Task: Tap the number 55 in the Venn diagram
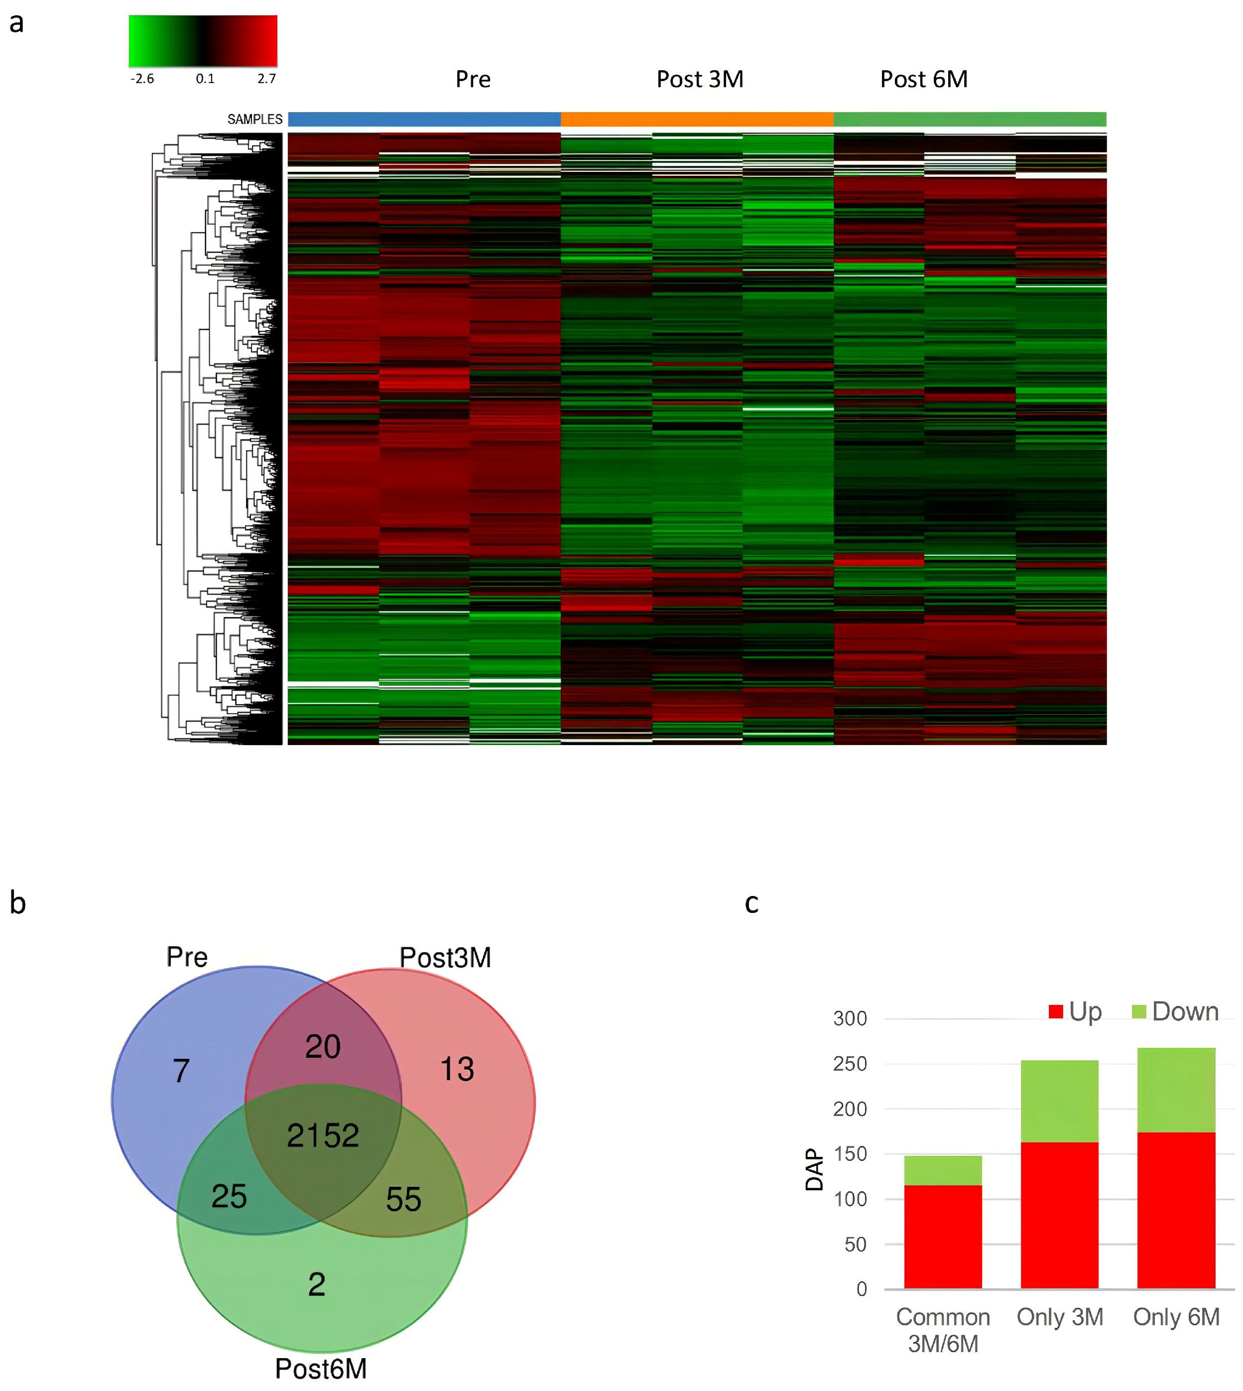point(403,1199)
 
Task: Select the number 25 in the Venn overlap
point(229,1196)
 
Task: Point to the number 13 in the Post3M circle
point(456,1069)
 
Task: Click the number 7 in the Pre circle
point(181,1071)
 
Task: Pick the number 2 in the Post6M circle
point(316,1284)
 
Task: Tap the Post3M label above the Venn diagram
point(445,957)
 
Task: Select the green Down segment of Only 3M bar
point(1059,1101)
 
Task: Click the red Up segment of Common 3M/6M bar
point(943,1237)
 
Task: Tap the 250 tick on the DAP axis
point(850,1064)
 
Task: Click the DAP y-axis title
point(814,1169)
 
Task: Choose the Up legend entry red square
point(1056,1012)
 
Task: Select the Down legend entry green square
point(1138,1012)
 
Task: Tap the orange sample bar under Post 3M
point(697,120)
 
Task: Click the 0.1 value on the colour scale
point(205,79)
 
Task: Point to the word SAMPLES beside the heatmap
point(255,120)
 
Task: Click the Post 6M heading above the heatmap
point(923,79)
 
